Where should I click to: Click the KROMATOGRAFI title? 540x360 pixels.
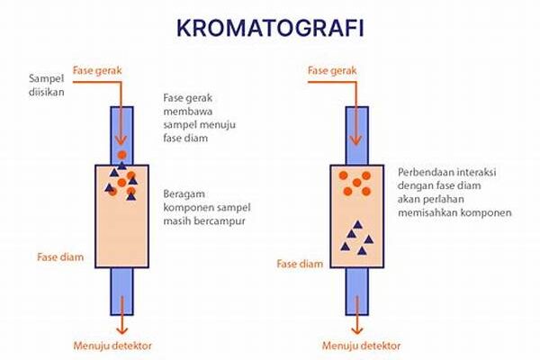coord(270,28)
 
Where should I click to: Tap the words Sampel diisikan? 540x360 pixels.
coord(47,85)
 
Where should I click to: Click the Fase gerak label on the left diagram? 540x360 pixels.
coord(97,70)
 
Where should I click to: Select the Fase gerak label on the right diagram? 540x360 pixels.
coord(332,70)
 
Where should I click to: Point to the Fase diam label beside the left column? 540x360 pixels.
coord(60,257)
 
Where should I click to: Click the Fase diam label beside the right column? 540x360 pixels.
coord(300,264)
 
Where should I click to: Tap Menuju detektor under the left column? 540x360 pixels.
coord(112,346)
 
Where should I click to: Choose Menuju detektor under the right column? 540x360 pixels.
coord(361,346)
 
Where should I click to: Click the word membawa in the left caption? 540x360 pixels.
coord(188,112)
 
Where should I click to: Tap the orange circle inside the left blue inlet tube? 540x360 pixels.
coord(121,155)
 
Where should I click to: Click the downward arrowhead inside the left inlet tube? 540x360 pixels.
coord(121,140)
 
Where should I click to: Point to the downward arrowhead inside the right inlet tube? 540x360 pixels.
coord(355,140)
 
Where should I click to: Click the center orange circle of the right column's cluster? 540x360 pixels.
coord(356,183)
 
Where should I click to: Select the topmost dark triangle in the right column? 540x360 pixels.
coord(358,225)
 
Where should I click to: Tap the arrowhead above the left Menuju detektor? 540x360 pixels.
coord(121,330)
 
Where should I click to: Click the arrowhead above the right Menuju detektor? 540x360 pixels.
coord(356,330)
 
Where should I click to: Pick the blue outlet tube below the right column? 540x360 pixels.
coord(357,292)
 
